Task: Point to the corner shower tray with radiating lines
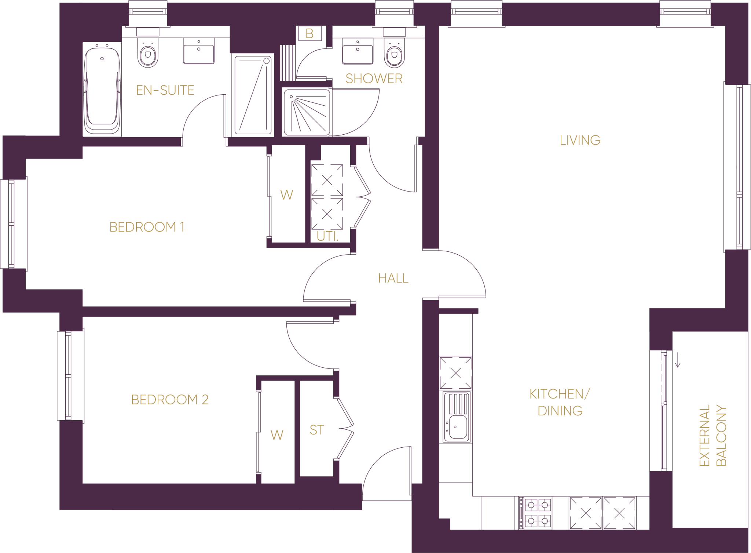307,112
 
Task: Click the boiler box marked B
309,33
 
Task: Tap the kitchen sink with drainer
456,417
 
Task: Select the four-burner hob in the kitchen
538,513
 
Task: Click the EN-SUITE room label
165,90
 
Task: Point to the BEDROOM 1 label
147,227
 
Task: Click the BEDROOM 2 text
170,400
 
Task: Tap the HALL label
393,278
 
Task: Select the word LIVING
580,140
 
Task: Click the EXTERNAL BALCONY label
712,435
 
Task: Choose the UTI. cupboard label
327,236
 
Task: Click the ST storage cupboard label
317,430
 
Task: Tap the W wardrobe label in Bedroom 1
287,195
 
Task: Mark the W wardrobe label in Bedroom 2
277,435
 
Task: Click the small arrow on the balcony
678,360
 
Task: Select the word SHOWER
374,79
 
